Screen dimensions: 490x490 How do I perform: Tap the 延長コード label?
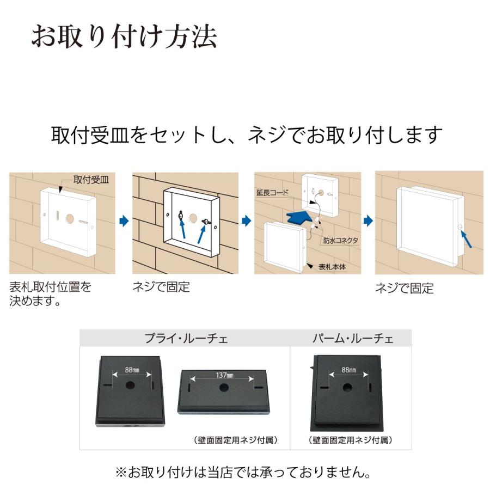[272, 192]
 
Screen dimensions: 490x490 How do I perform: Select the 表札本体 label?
[332, 267]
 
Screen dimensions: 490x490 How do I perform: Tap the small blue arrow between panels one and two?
[124, 221]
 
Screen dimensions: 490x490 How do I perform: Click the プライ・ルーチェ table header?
[186, 339]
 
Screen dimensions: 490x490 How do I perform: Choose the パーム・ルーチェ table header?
[353, 339]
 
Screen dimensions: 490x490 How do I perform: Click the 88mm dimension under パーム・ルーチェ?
[348, 370]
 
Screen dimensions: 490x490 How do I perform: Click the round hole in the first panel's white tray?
[70, 218]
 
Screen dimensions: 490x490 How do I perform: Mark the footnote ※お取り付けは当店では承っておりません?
[243, 471]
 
